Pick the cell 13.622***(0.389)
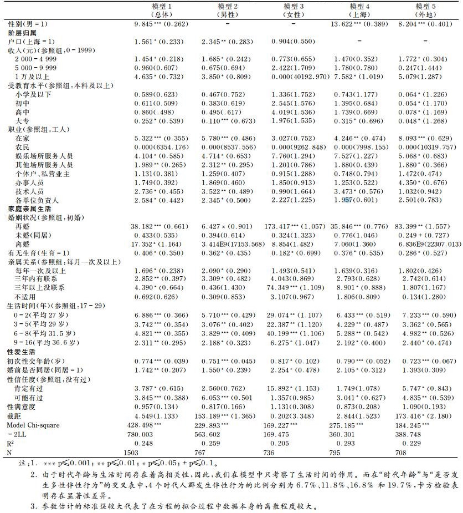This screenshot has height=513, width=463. (x=359, y=24)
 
